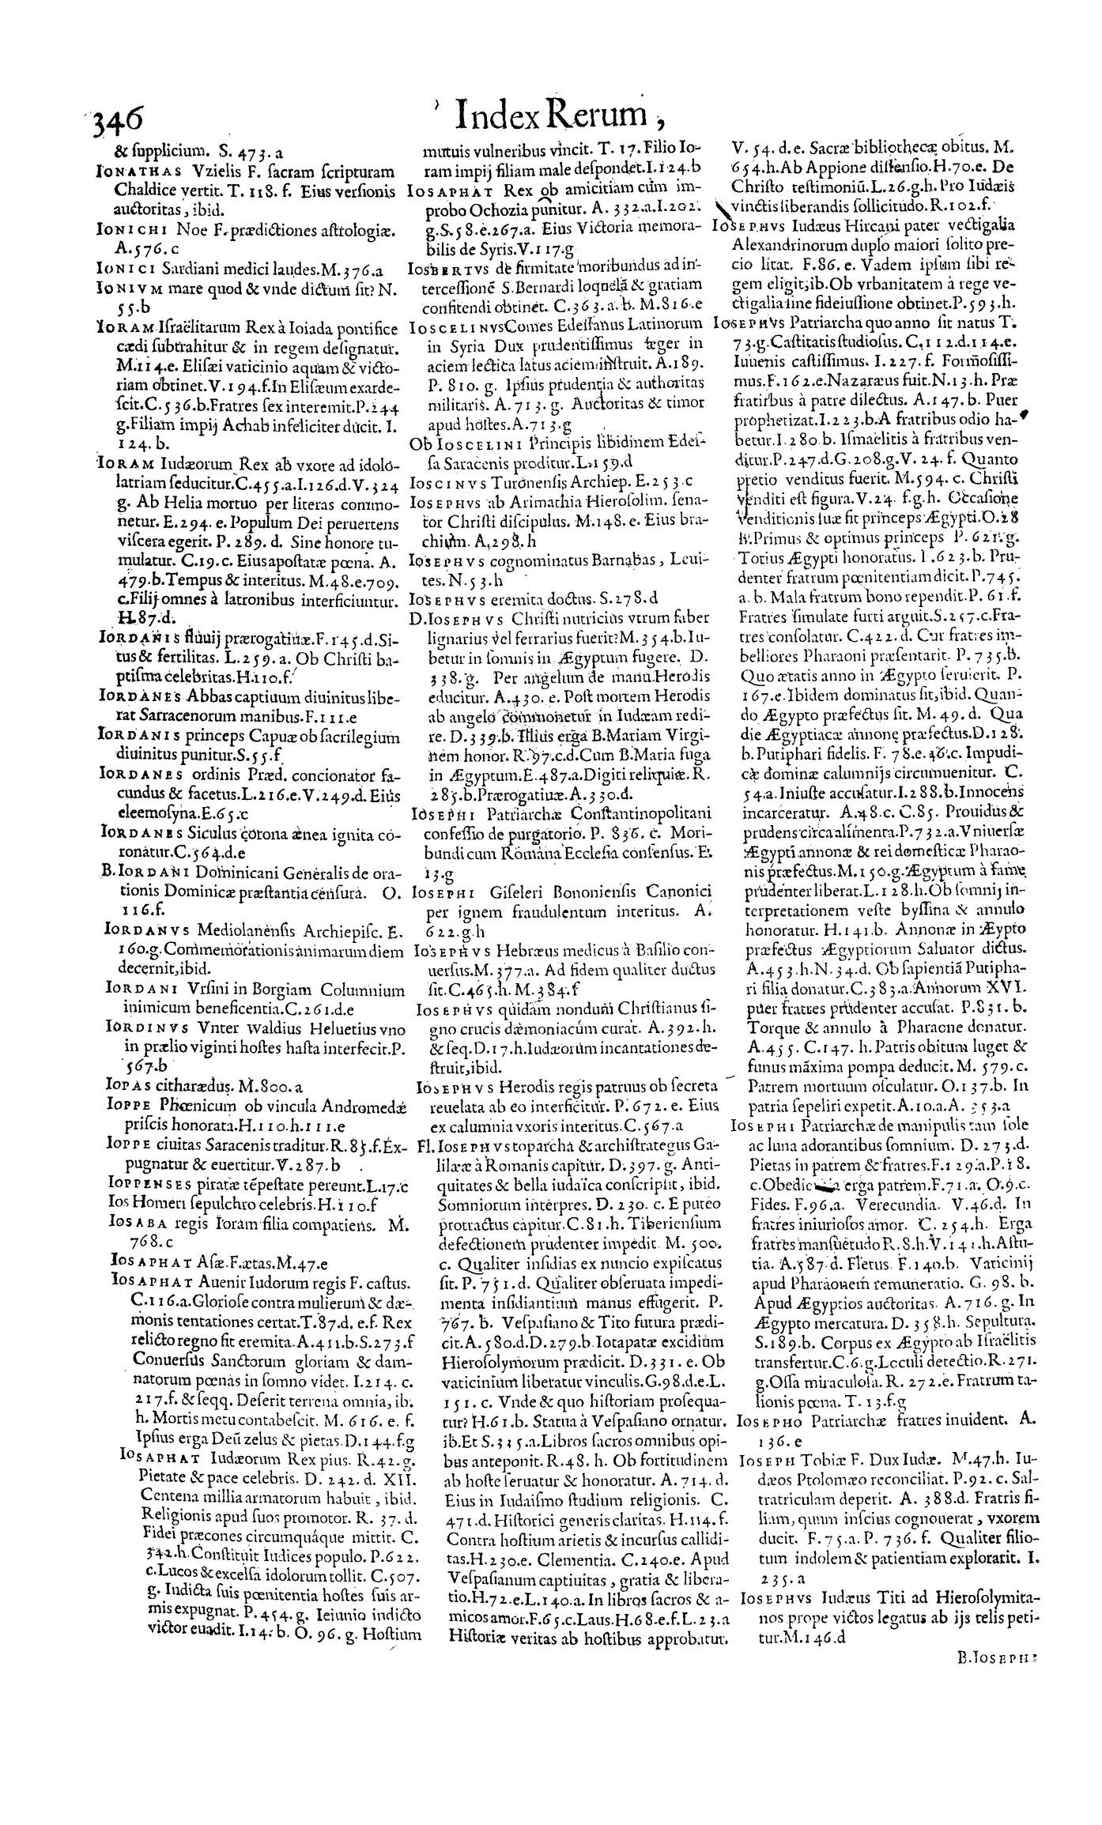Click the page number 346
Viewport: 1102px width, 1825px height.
[x=118, y=123]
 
